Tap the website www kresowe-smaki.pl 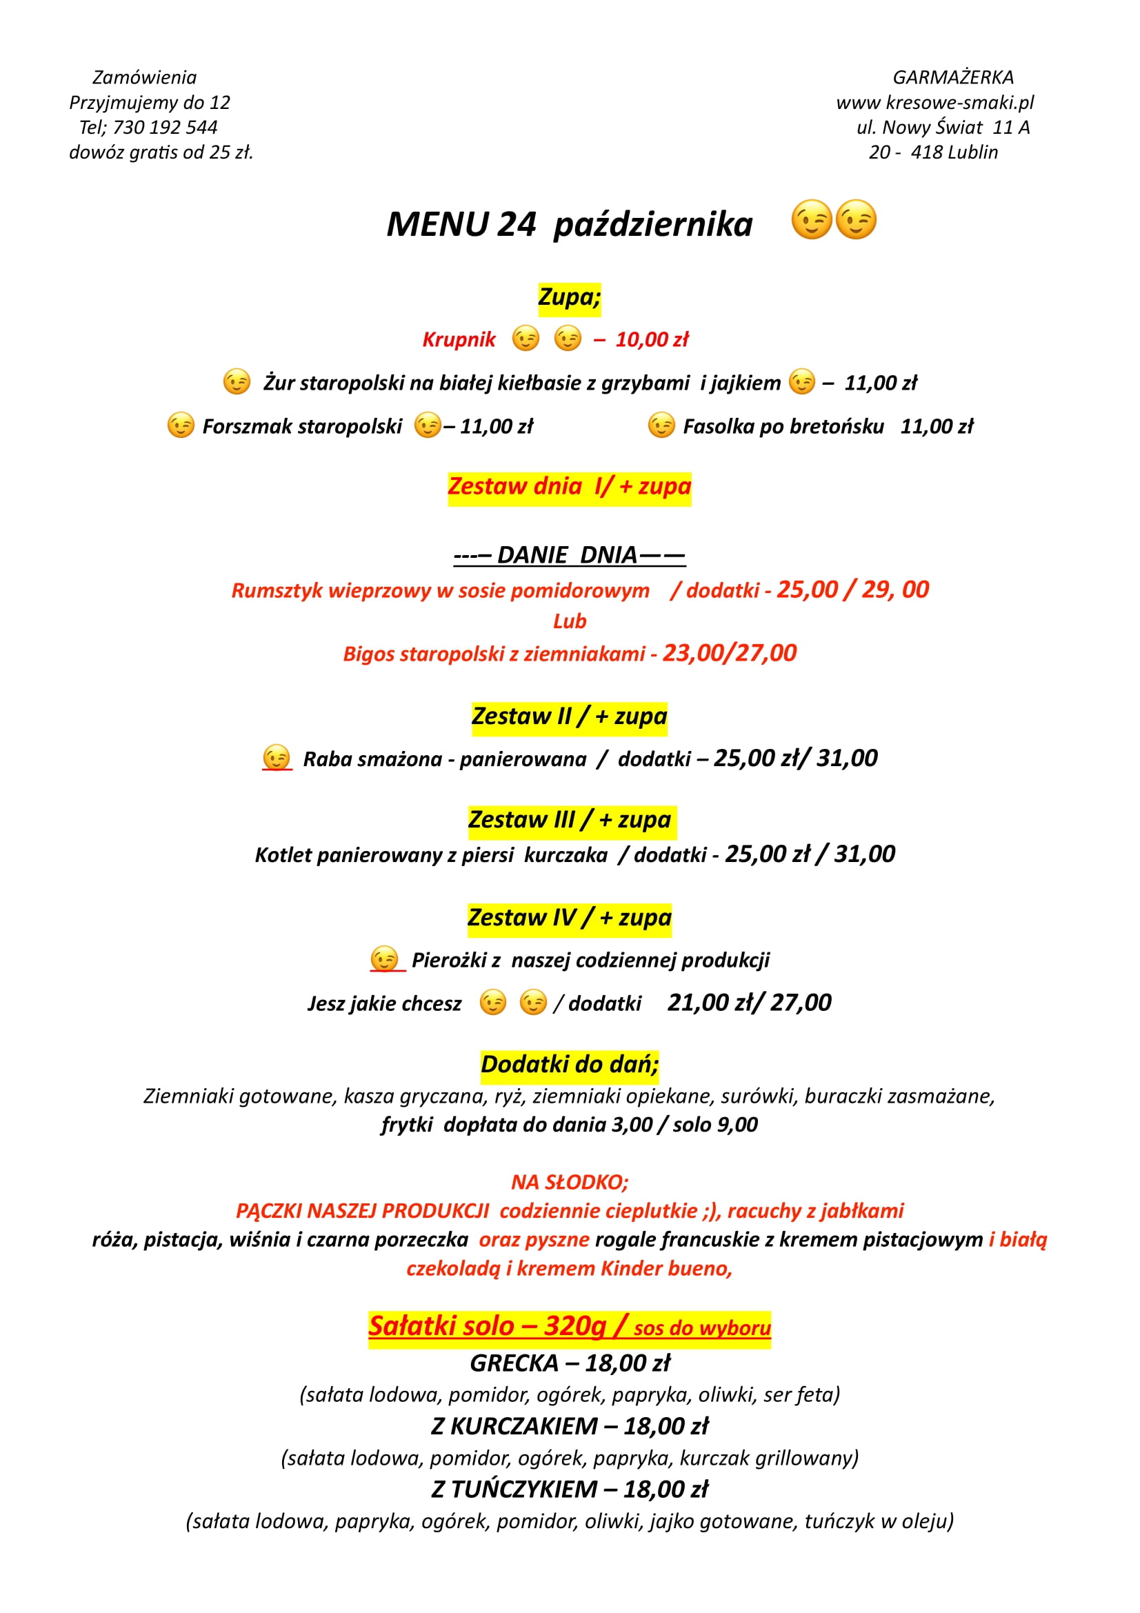point(934,103)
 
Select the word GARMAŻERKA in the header point(952,77)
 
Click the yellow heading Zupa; point(569,297)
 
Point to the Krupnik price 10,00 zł point(652,340)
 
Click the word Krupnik point(459,340)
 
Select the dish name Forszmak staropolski point(302,426)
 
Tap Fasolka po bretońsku point(783,426)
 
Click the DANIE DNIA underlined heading point(569,555)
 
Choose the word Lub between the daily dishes point(569,621)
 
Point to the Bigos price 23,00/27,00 point(729,653)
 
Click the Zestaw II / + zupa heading point(569,717)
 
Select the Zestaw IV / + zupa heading point(569,918)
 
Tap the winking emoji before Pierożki point(384,960)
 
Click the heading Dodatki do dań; point(569,1065)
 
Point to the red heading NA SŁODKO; point(569,1183)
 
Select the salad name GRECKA point(514,1363)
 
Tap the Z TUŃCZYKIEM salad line point(569,1490)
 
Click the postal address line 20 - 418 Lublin point(933,152)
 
